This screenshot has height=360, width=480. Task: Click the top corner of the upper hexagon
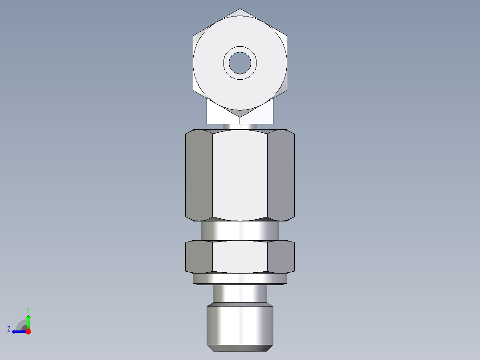(240, 10)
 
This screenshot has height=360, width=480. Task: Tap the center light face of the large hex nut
(240, 175)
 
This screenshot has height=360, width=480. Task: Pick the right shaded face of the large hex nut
(281, 175)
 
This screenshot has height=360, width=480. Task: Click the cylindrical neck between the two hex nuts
(240, 231)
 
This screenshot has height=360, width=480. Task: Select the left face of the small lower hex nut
(199, 257)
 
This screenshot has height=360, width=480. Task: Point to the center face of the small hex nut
(240, 257)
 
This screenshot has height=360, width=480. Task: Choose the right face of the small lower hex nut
(281, 257)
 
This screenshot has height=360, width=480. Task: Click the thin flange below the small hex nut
(240, 279)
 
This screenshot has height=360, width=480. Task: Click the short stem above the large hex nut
(240, 127)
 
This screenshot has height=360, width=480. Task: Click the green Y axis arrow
(28, 320)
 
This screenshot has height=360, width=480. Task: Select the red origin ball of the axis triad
(28, 331)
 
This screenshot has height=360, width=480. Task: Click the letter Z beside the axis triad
(9, 329)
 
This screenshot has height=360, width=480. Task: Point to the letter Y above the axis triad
(28, 309)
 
